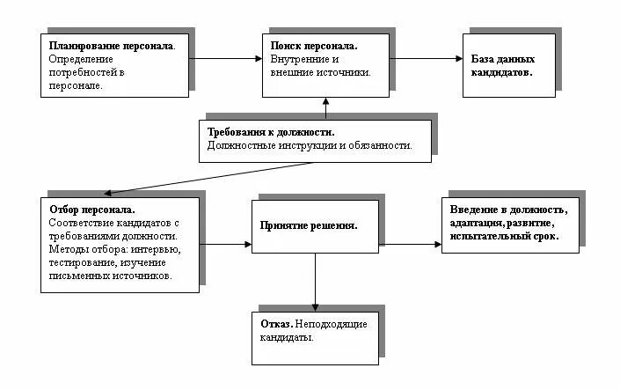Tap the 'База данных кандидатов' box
point(508,65)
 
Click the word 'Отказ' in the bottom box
point(276,323)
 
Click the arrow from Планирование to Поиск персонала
point(225,59)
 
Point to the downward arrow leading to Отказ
point(316,282)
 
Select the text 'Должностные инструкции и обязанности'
point(309,145)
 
